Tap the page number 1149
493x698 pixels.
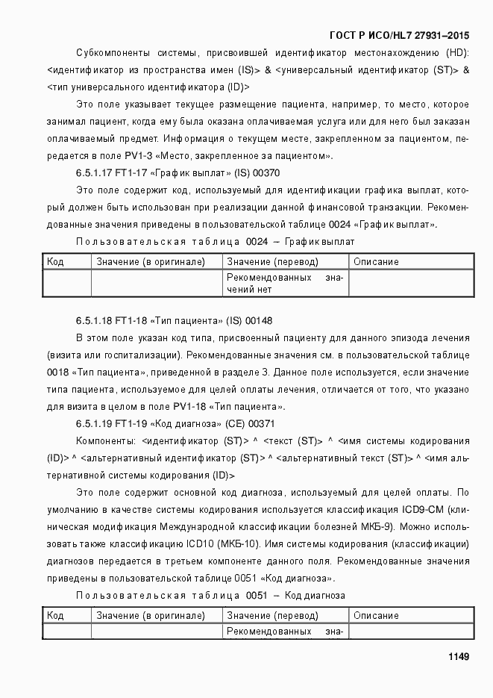point(458,656)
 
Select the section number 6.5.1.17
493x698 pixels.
point(93,173)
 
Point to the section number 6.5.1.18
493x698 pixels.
point(93,320)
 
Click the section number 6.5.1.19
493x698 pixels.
point(93,424)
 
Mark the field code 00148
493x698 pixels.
point(259,320)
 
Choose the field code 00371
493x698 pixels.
point(263,424)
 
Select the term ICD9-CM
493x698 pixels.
point(423,510)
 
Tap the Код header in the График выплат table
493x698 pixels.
point(55,262)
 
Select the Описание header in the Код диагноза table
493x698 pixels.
point(376,616)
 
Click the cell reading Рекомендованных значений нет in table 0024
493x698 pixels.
point(285,284)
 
